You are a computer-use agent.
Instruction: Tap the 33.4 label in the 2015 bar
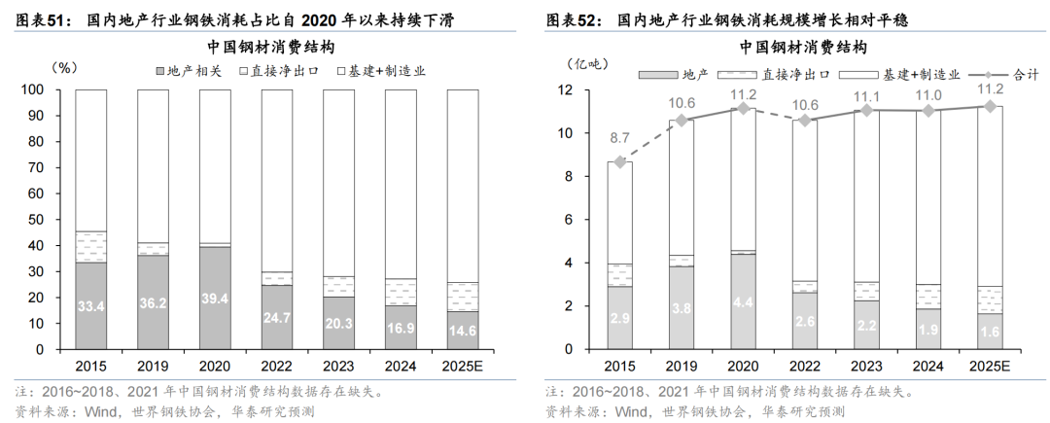point(90,307)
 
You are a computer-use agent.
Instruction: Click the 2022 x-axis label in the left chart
point(276,368)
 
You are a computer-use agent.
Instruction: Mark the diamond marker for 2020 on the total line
point(742,108)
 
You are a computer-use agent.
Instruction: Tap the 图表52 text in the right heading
point(567,19)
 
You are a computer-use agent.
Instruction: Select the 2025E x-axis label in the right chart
point(990,368)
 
